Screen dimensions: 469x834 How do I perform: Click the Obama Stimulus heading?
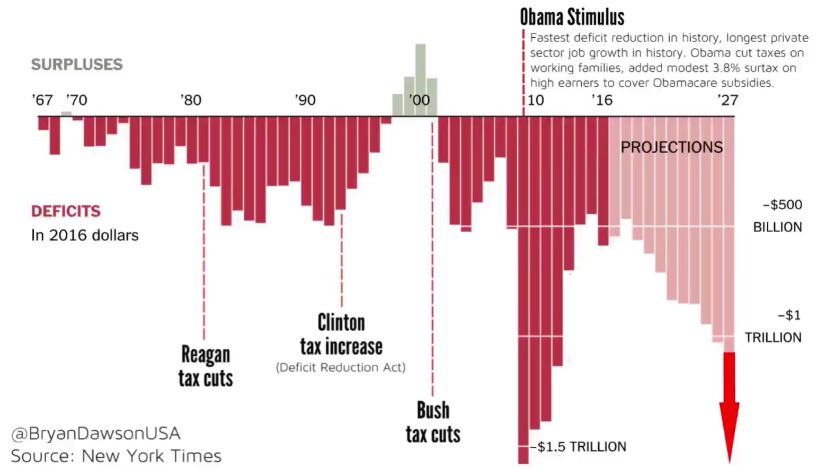(x=572, y=17)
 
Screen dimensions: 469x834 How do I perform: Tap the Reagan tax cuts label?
(x=206, y=366)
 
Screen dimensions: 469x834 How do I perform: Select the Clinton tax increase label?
(x=341, y=335)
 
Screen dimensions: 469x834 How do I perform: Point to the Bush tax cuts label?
(x=433, y=422)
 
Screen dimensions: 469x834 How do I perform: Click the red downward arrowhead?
(x=729, y=427)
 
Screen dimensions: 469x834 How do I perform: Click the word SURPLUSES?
(x=77, y=65)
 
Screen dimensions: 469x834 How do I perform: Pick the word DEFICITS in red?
(x=66, y=211)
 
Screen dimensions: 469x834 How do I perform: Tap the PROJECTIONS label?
(x=672, y=147)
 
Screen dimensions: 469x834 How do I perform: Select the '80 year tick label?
(x=191, y=100)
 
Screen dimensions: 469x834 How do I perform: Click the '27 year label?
(x=727, y=100)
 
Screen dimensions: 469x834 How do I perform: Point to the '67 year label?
(x=42, y=100)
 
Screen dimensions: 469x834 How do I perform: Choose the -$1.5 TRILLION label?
(x=578, y=447)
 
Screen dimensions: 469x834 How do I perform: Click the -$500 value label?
(x=782, y=205)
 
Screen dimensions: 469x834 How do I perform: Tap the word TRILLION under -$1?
(x=773, y=337)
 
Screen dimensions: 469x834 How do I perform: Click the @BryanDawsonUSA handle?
(x=96, y=434)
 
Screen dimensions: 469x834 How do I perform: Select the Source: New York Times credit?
(x=116, y=456)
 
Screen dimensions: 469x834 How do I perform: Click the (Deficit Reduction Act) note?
(x=341, y=367)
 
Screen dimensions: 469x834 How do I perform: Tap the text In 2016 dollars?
(x=85, y=235)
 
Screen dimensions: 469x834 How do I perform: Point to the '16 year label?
(x=602, y=100)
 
